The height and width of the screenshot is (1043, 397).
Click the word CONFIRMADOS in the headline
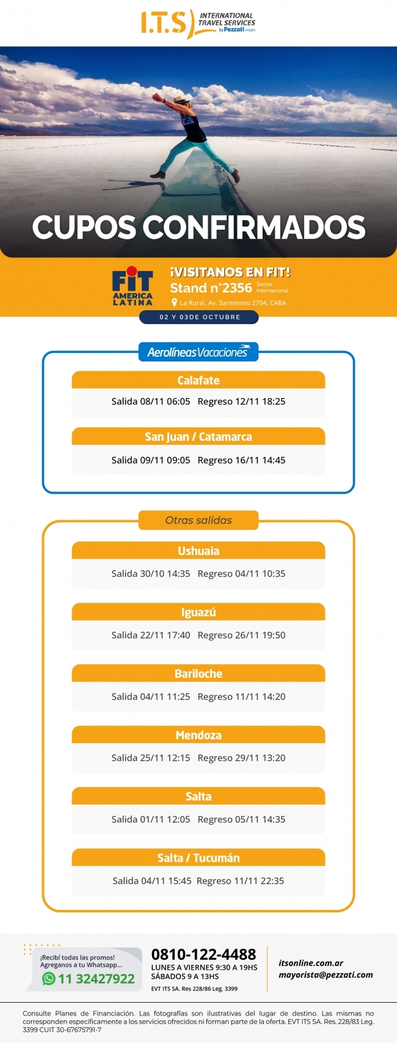pos(253,227)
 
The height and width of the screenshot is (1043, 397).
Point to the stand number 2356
pos(236,288)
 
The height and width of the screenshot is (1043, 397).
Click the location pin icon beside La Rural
pos(174,303)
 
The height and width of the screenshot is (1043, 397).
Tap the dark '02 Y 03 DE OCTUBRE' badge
pos(199,317)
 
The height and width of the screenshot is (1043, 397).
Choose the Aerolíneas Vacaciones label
pos(198,352)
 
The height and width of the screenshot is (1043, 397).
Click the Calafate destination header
pos(198,380)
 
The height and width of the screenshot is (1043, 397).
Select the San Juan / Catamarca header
pos(198,437)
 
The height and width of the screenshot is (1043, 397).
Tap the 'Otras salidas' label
pos(198,520)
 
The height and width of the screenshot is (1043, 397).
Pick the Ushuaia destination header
pos(198,551)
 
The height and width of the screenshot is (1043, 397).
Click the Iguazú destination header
pos(198,612)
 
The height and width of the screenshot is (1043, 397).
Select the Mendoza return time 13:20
pos(274,758)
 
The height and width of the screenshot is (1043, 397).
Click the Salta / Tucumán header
pos(198,858)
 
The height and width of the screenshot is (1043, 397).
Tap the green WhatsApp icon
pos(49,979)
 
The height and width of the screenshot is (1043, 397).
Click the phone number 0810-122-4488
pos(203,954)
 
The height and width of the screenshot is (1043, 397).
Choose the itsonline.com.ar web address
pos(311,963)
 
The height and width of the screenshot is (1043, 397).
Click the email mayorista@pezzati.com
pos(326,975)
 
